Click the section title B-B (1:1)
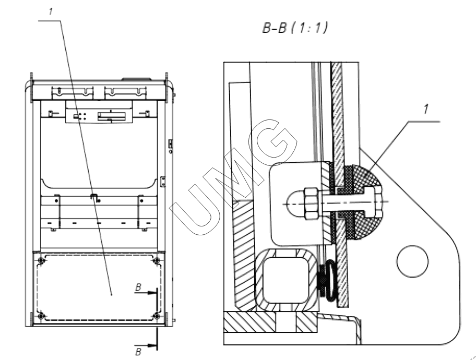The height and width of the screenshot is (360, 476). (x=295, y=28)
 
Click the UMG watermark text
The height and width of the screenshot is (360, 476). (x=233, y=177)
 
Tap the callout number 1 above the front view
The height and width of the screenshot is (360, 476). (x=51, y=11)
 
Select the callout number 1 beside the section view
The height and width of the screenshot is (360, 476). (x=426, y=109)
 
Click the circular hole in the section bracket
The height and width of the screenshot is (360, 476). (x=412, y=261)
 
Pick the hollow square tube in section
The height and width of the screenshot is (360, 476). (x=284, y=281)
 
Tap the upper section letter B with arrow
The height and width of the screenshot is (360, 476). (x=138, y=287)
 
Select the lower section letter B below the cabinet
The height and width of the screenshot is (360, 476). (x=138, y=352)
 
